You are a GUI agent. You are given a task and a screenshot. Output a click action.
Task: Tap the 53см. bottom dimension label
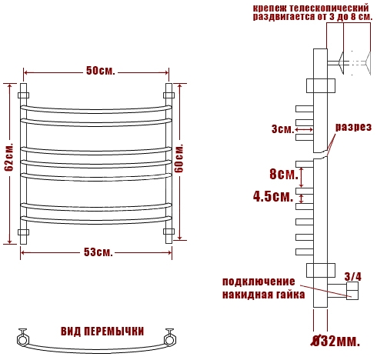click(98, 252)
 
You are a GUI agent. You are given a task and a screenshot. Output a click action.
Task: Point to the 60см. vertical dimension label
click(180, 158)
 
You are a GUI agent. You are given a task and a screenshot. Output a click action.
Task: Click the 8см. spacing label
click(284, 175)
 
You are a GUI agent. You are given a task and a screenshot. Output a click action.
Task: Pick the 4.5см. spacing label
click(273, 197)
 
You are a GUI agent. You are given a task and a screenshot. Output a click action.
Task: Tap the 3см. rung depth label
click(282, 129)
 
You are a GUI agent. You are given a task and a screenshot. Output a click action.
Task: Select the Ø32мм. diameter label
click(335, 341)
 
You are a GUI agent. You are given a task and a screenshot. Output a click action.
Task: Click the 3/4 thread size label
click(353, 277)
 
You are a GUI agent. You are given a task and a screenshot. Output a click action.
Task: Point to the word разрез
click(353, 127)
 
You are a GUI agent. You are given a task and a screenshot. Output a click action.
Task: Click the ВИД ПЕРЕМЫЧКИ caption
click(102, 332)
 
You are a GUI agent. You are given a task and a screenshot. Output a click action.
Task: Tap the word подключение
click(259, 282)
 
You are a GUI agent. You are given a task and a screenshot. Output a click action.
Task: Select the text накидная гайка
click(264, 295)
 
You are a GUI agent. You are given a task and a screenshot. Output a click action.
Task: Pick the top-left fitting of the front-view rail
click(23, 95)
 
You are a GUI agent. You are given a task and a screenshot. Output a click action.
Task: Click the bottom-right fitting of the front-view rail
click(168, 232)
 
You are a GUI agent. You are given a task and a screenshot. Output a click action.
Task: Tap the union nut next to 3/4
click(352, 291)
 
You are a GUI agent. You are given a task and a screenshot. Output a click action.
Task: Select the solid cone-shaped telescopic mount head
click(341, 62)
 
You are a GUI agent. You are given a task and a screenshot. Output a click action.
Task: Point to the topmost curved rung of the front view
click(96, 109)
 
